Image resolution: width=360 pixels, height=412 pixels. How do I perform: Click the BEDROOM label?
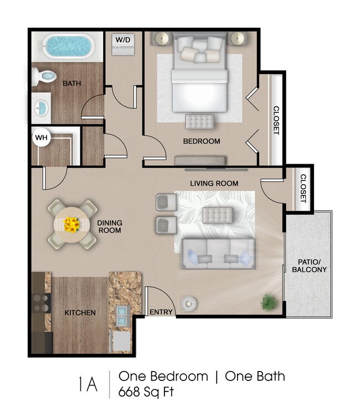tap(202, 141)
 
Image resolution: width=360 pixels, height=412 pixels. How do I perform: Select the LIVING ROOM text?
tap(214, 184)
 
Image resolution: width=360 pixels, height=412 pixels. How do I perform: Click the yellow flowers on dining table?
tap(71, 225)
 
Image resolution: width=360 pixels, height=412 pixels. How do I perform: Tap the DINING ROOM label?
tap(109, 226)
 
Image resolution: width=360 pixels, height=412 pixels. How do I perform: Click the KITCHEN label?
tap(80, 313)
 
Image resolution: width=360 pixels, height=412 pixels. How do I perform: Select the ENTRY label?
tap(161, 312)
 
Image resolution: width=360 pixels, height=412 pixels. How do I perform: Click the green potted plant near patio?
tap(269, 302)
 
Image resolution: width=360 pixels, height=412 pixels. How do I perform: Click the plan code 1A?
tap(88, 384)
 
